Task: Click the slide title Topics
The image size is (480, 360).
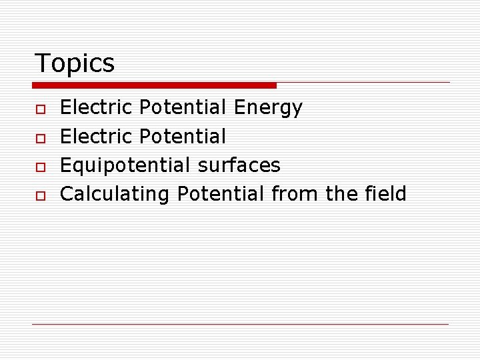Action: (74, 63)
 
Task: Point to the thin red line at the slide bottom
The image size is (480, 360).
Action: (240, 324)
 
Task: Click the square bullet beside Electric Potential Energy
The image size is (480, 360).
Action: (41, 108)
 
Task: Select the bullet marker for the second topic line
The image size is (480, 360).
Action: (41, 137)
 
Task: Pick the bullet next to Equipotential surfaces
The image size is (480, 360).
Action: (41, 166)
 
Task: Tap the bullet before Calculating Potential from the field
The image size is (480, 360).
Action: (41, 195)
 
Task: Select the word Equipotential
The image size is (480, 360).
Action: (125, 165)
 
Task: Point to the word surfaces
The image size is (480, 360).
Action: (239, 165)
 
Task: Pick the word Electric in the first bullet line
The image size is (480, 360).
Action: (97, 107)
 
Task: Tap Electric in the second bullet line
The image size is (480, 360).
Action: (97, 137)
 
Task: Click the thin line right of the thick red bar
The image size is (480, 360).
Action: (363, 83)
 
